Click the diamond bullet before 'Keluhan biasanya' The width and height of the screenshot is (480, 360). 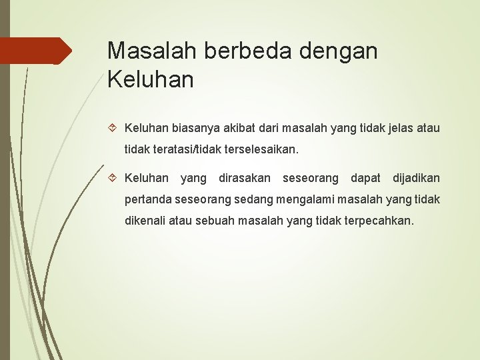[111, 127]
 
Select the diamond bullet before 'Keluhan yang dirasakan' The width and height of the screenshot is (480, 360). [111, 179]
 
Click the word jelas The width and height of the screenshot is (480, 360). [396, 127]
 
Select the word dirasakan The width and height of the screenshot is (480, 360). [245, 178]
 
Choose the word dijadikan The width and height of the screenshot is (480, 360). [416, 178]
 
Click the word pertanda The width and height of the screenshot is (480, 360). [148, 200]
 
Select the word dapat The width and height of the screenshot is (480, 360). [365, 178]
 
